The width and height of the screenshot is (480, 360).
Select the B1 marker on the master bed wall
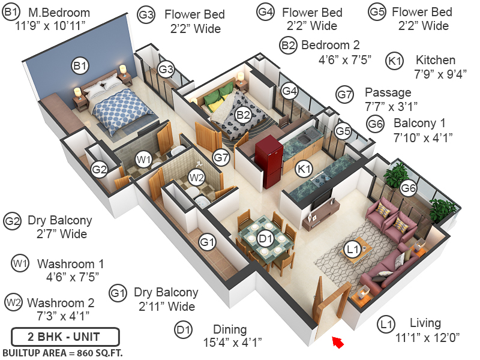pyautogui.click(x=80, y=65)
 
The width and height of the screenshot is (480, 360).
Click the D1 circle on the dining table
pyautogui.click(x=265, y=239)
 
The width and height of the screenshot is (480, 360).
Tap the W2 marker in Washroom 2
pyautogui.click(x=196, y=177)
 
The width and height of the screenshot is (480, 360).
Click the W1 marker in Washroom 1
pyautogui.click(x=143, y=160)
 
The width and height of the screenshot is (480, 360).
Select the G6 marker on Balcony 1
pyautogui.click(x=409, y=188)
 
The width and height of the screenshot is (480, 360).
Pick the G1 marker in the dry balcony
pyautogui.click(x=207, y=242)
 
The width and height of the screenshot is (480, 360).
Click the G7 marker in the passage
pyautogui.click(x=221, y=158)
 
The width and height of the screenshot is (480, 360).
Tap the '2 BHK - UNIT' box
pyautogui.click(x=65, y=335)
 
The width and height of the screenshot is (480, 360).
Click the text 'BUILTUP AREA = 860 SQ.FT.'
pyautogui.click(x=62, y=352)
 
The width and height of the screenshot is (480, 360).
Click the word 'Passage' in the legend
pyautogui.click(x=388, y=92)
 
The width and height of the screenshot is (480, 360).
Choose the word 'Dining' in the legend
pyautogui.click(x=230, y=329)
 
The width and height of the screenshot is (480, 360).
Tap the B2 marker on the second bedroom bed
pyautogui.click(x=242, y=115)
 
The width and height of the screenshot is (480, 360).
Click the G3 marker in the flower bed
pyautogui.click(x=166, y=70)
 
